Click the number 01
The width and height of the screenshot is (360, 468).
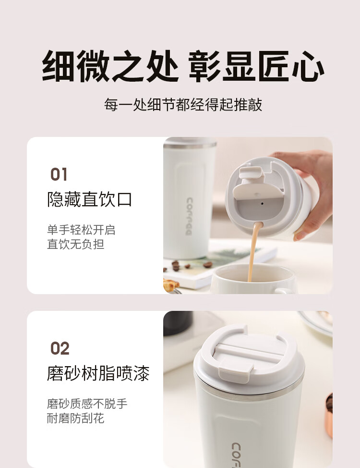59,174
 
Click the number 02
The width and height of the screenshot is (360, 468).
60,348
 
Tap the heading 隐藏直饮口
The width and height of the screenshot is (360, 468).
89,199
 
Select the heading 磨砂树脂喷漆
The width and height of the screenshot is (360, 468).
98,373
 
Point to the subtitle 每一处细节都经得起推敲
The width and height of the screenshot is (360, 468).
183,104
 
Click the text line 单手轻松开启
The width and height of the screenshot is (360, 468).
81,230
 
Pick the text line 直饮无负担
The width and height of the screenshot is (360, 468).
75,244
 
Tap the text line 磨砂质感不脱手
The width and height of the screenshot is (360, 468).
87,404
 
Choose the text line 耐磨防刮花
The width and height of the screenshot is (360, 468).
75,418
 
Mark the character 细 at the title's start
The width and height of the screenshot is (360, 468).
58,66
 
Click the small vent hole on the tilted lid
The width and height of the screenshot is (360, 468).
262,204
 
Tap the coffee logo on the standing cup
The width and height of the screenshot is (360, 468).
190,216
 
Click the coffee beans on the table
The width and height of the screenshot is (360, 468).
187,265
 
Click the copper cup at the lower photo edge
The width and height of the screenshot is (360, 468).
329,415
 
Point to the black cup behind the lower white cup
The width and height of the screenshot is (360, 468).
178,323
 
